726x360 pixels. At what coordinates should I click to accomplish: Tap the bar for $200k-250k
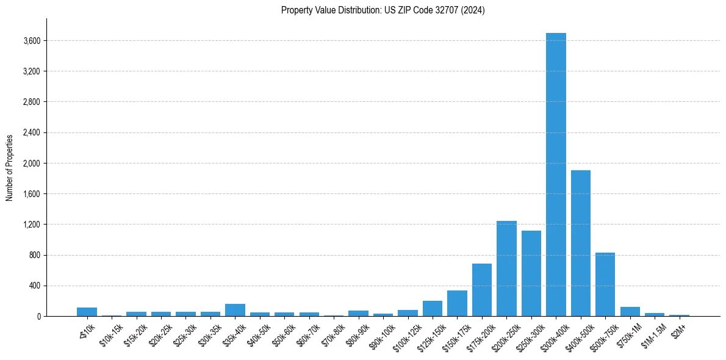(x=506, y=268)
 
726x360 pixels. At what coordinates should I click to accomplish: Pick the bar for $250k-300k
(x=531, y=273)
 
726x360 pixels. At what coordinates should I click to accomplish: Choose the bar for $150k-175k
(x=457, y=303)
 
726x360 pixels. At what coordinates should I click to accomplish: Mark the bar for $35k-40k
(x=235, y=310)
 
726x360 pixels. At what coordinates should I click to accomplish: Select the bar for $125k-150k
(x=433, y=309)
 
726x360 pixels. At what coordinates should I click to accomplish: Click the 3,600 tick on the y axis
(x=32, y=41)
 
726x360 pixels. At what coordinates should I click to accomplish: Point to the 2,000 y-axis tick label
(x=32, y=164)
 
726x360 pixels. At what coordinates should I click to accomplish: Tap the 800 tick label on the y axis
(x=35, y=255)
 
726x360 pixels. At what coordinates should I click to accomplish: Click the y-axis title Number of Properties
(x=9, y=167)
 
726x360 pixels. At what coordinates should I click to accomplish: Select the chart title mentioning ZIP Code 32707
(x=383, y=10)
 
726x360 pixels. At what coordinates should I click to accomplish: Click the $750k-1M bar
(x=630, y=311)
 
